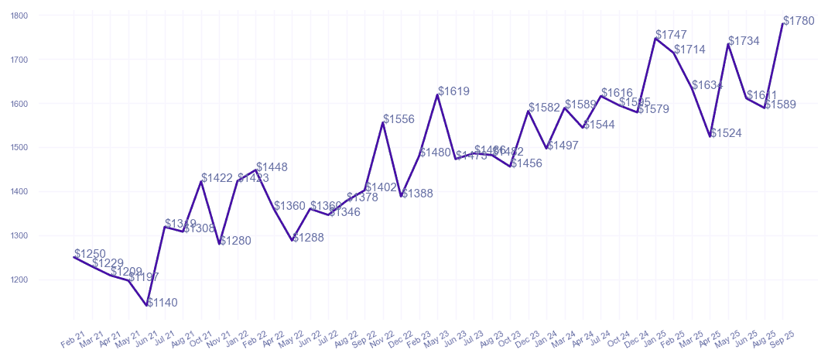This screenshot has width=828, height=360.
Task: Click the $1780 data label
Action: point(799,21)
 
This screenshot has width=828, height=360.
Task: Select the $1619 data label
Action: point(453,91)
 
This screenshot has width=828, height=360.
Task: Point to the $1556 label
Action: point(399,119)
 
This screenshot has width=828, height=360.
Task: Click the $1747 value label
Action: point(671,35)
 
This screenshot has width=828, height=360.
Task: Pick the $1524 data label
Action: point(726,133)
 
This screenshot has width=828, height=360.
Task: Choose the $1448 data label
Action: point(272,167)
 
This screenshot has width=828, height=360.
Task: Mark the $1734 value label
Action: point(744,41)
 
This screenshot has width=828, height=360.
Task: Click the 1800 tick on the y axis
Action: point(19,15)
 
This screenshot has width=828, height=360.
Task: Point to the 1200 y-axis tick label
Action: point(19,279)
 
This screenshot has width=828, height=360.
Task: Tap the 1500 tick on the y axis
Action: point(19,147)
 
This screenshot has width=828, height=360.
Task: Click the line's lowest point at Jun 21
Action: point(147,305)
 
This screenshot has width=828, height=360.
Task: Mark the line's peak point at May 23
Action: point(438,94)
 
